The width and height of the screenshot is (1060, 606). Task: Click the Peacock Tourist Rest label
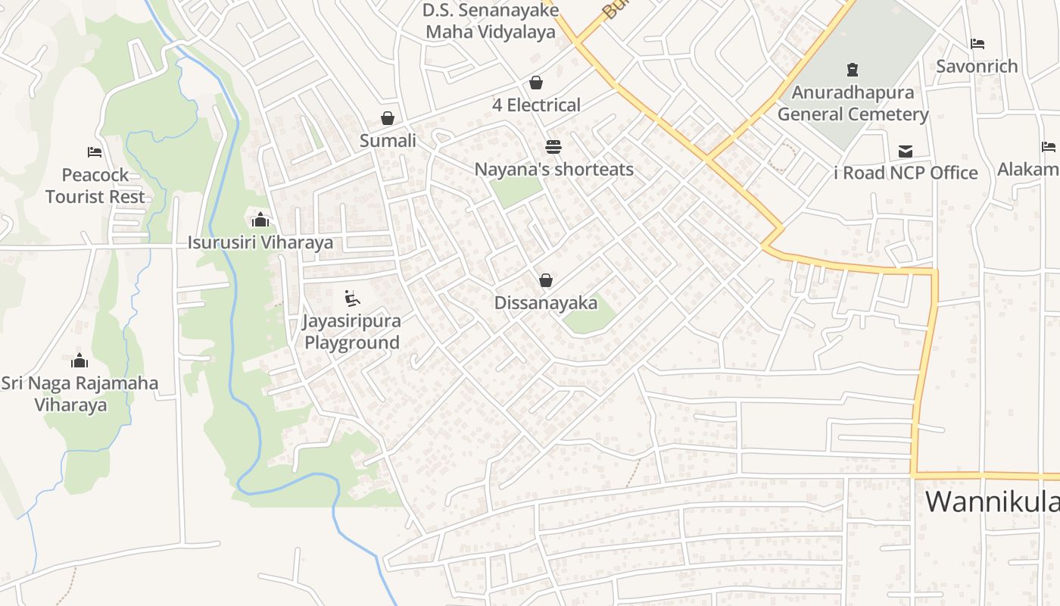95,186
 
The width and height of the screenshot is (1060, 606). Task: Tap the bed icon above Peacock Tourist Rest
95,152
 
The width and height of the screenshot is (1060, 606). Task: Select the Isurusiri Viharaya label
260,243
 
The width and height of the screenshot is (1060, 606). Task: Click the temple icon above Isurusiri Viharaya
260,220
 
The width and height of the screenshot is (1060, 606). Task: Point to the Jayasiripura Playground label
351,332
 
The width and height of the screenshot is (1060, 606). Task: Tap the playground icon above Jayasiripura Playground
352,298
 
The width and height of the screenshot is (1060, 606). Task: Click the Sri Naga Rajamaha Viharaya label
79,394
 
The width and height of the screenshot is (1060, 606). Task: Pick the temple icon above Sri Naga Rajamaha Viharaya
79,361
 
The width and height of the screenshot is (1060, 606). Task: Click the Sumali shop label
388,141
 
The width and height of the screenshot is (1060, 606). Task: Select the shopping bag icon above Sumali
388,118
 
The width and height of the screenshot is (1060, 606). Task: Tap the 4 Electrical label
536,105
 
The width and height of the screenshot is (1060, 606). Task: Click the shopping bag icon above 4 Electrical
536,82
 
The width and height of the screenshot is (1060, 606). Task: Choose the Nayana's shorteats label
553,169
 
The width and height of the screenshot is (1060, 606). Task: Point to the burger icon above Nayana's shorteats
553,146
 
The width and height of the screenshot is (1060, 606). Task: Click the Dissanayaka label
545,304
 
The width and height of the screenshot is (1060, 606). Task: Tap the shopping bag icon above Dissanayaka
545,280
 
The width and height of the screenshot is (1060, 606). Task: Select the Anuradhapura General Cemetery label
853,104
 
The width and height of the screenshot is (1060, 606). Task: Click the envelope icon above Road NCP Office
905,151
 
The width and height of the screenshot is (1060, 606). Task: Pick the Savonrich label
977,67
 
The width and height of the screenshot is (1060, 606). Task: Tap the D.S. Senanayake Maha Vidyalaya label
491,21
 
